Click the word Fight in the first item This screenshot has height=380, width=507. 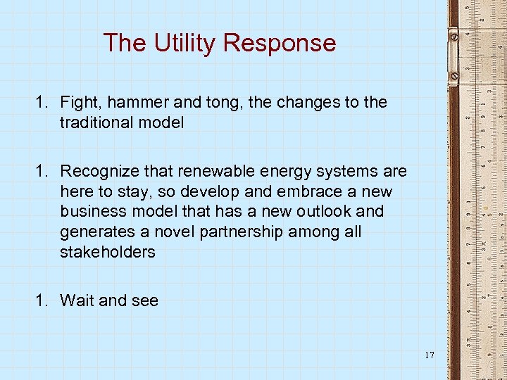pyautogui.click(x=79, y=103)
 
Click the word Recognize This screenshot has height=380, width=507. pyautogui.click(x=99, y=171)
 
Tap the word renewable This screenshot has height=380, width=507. pyautogui.click(x=212, y=171)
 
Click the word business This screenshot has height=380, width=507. pyautogui.click(x=90, y=212)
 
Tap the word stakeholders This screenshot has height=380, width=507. pyautogui.click(x=108, y=253)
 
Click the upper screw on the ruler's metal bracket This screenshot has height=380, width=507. pyautogui.click(x=454, y=34)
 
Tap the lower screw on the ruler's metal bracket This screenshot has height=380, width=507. pyautogui.click(x=454, y=74)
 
